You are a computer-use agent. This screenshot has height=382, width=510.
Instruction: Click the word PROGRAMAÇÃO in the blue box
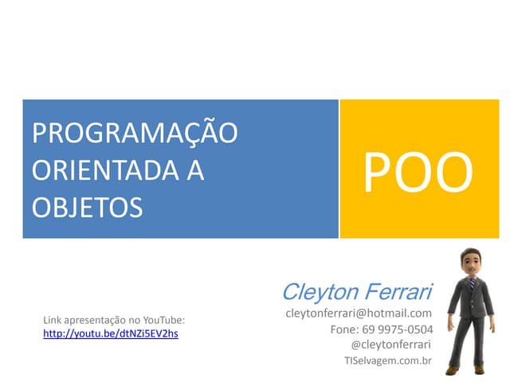click(135, 133)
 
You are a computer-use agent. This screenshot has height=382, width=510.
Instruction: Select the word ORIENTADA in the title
click(104, 170)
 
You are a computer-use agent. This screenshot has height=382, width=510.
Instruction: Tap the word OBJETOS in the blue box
click(88, 207)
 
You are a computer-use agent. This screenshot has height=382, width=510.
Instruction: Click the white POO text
click(418, 173)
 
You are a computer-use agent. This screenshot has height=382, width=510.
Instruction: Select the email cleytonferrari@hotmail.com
click(359, 314)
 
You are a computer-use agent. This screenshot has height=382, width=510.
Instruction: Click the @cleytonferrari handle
click(390, 345)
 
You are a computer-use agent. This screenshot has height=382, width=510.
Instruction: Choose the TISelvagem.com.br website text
click(387, 361)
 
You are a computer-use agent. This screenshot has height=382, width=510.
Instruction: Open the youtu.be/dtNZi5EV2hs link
click(110, 333)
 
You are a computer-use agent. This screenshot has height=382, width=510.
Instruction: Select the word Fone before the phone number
click(343, 329)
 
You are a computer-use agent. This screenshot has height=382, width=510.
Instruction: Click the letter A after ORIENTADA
click(194, 170)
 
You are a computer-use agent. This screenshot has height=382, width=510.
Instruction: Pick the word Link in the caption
click(52, 321)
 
